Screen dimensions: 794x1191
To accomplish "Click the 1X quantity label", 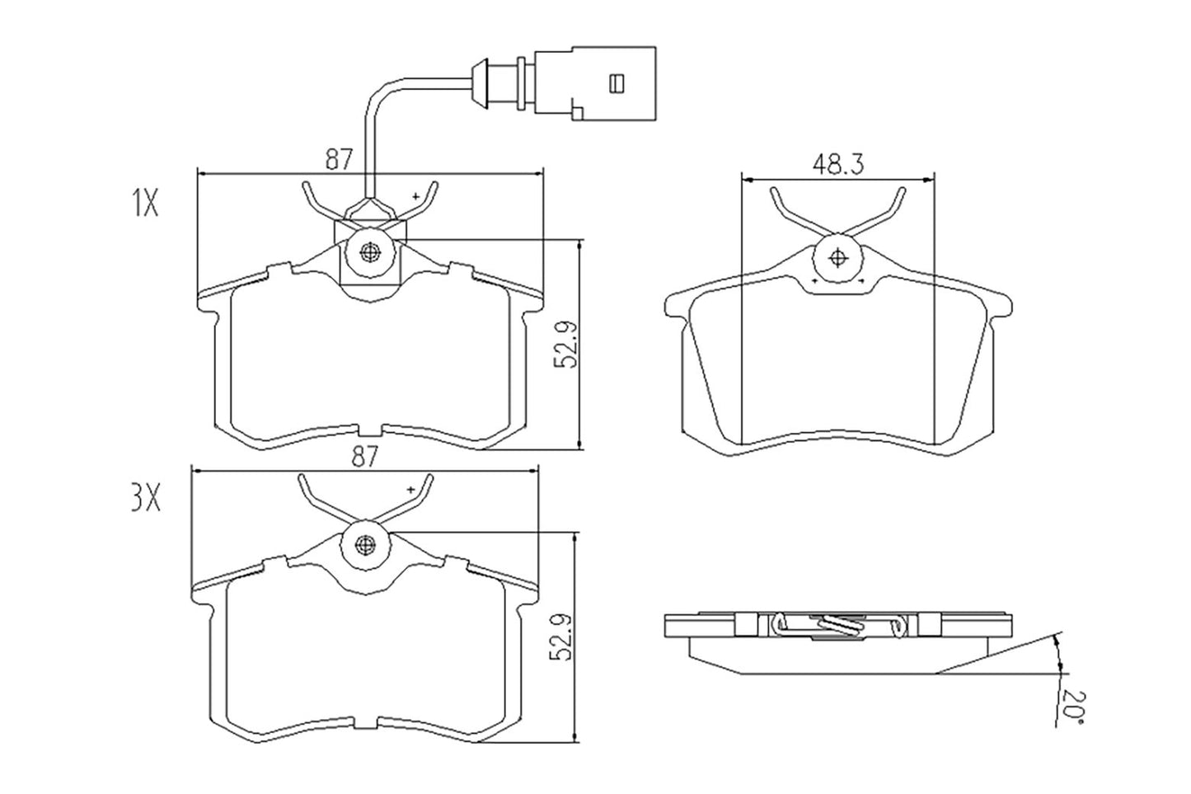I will coord(144,203).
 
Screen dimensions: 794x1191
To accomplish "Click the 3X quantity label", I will coord(146,499).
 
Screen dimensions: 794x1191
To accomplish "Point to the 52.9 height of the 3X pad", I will coord(563,636).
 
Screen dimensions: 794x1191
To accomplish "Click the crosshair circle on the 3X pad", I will coord(367,544).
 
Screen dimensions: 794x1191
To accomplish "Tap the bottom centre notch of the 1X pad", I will coord(369,430).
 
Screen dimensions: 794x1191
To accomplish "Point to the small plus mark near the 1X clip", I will coord(416,196).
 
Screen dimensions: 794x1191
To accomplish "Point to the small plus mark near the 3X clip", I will coord(410,490).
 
